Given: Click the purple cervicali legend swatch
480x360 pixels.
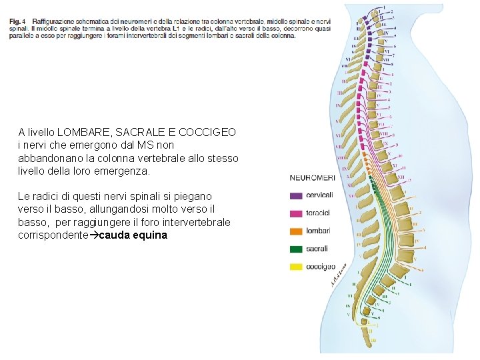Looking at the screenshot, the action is [x=296, y=196].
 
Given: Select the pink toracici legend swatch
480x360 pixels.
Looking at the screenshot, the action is [x=296, y=213].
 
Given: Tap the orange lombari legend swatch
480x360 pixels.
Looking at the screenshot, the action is [x=296, y=231].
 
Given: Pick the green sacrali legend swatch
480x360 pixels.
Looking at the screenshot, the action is [x=296, y=249].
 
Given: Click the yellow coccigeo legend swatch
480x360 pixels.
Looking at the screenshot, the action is [x=296, y=267].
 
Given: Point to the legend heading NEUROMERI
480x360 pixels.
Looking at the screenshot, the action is [x=312, y=178].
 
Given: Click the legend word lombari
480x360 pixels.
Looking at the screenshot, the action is [x=319, y=231].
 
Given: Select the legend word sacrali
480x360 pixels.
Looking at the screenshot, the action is [x=318, y=249].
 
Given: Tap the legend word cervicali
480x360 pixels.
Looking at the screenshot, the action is [x=321, y=196].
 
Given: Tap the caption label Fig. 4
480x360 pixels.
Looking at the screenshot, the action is [x=18, y=21].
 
